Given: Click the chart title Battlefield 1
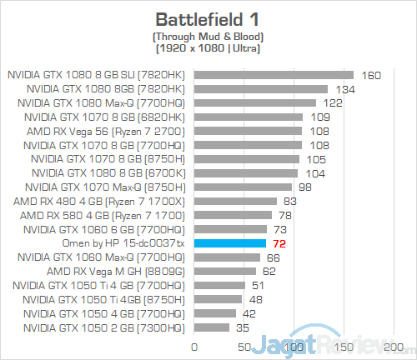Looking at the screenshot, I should tap(208, 18).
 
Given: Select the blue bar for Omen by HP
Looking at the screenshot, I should tap(230, 242).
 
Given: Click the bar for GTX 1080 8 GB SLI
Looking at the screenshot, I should tap(274, 75).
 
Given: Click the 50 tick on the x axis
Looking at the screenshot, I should tap(244, 346).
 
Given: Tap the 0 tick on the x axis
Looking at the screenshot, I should tap(195, 346).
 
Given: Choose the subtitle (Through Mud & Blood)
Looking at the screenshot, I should tap(208, 37).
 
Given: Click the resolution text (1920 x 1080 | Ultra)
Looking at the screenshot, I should tap(208, 49).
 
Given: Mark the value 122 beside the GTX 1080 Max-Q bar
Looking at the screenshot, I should tap(331, 102).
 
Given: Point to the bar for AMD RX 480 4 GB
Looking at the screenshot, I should tap(235, 201).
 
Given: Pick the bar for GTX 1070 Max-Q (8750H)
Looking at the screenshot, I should tap(243, 187).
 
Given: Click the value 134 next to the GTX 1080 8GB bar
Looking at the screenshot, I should tap(344, 89).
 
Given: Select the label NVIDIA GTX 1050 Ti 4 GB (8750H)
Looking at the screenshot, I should tap(106, 298).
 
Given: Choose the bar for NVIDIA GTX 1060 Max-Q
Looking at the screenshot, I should tap(227, 257).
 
